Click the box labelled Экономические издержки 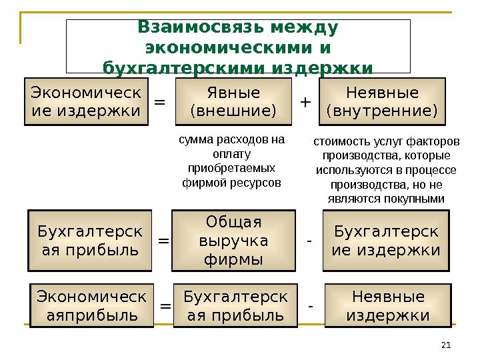coord(86,101)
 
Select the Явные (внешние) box coord(233,101)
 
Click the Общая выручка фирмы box coord(233,240)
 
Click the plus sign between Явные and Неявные coord(306,102)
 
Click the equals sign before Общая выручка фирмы coord(163,241)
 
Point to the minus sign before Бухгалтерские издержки coord(309,239)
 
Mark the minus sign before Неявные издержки coord(311,305)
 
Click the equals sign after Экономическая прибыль coord(166,306)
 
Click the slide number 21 coord(447,345)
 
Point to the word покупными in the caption coord(414,199)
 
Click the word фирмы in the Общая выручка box coord(233,258)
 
